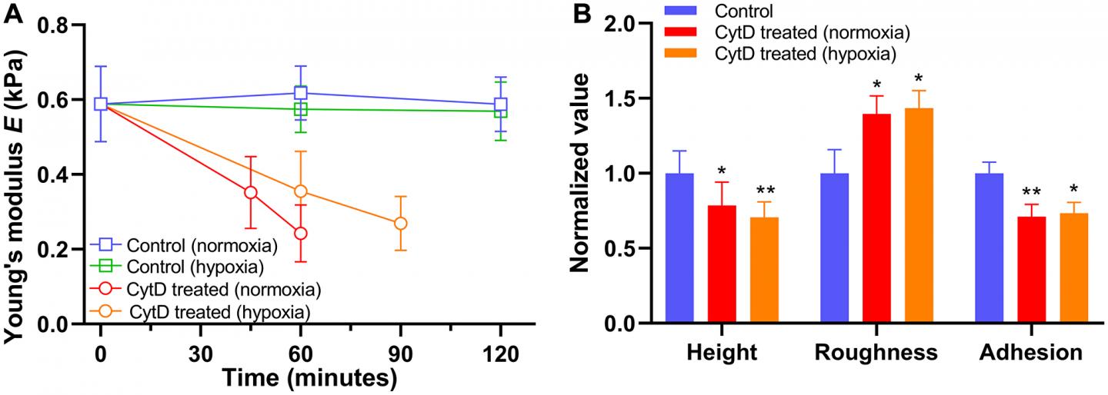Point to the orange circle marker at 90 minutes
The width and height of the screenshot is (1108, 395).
click(x=400, y=224)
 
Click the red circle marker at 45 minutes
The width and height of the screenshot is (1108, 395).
click(x=250, y=192)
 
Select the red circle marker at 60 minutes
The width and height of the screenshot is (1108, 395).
click(x=301, y=233)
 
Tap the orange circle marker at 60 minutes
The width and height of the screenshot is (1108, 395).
click(x=301, y=191)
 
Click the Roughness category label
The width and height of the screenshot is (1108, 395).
click(x=876, y=353)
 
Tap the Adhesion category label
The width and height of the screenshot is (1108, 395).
click(x=1031, y=353)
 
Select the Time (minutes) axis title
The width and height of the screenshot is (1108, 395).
click(x=310, y=379)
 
